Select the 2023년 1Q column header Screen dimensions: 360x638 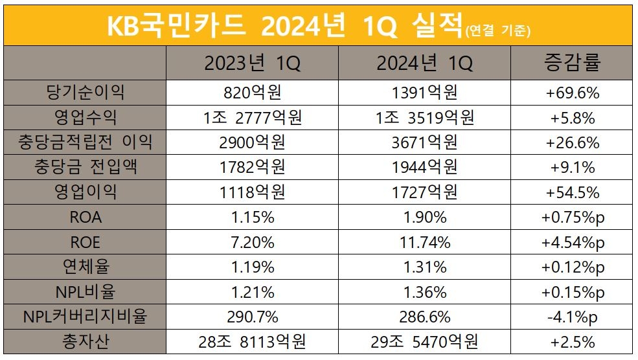(x=252, y=63)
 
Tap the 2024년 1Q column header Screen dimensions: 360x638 (x=424, y=63)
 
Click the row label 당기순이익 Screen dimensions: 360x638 (x=85, y=93)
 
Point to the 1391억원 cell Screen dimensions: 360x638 (x=424, y=93)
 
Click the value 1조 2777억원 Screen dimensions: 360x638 (x=252, y=118)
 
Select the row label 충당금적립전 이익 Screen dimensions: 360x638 (x=85, y=142)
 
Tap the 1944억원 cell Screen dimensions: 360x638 (x=424, y=168)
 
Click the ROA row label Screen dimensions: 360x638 (x=85, y=218)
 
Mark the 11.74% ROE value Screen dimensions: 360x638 (x=424, y=242)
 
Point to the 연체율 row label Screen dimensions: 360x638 (x=85, y=267)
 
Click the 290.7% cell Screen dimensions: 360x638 (x=252, y=317)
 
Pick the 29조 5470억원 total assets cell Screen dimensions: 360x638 (x=424, y=341)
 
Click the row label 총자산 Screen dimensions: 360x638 (x=85, y=341)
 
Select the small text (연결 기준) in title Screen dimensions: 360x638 (x=497, y=30)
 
